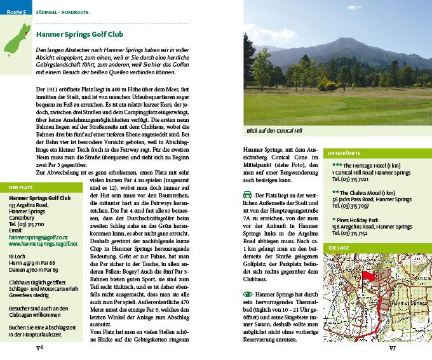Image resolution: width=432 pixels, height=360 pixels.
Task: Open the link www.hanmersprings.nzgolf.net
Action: coord(43,243)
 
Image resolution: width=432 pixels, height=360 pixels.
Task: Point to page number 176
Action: coord(39,347)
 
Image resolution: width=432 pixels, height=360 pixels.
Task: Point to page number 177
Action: coord(392,347)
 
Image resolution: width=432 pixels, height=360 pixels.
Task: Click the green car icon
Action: coord(248,194)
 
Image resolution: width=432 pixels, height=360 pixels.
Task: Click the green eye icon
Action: coord(248,295)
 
